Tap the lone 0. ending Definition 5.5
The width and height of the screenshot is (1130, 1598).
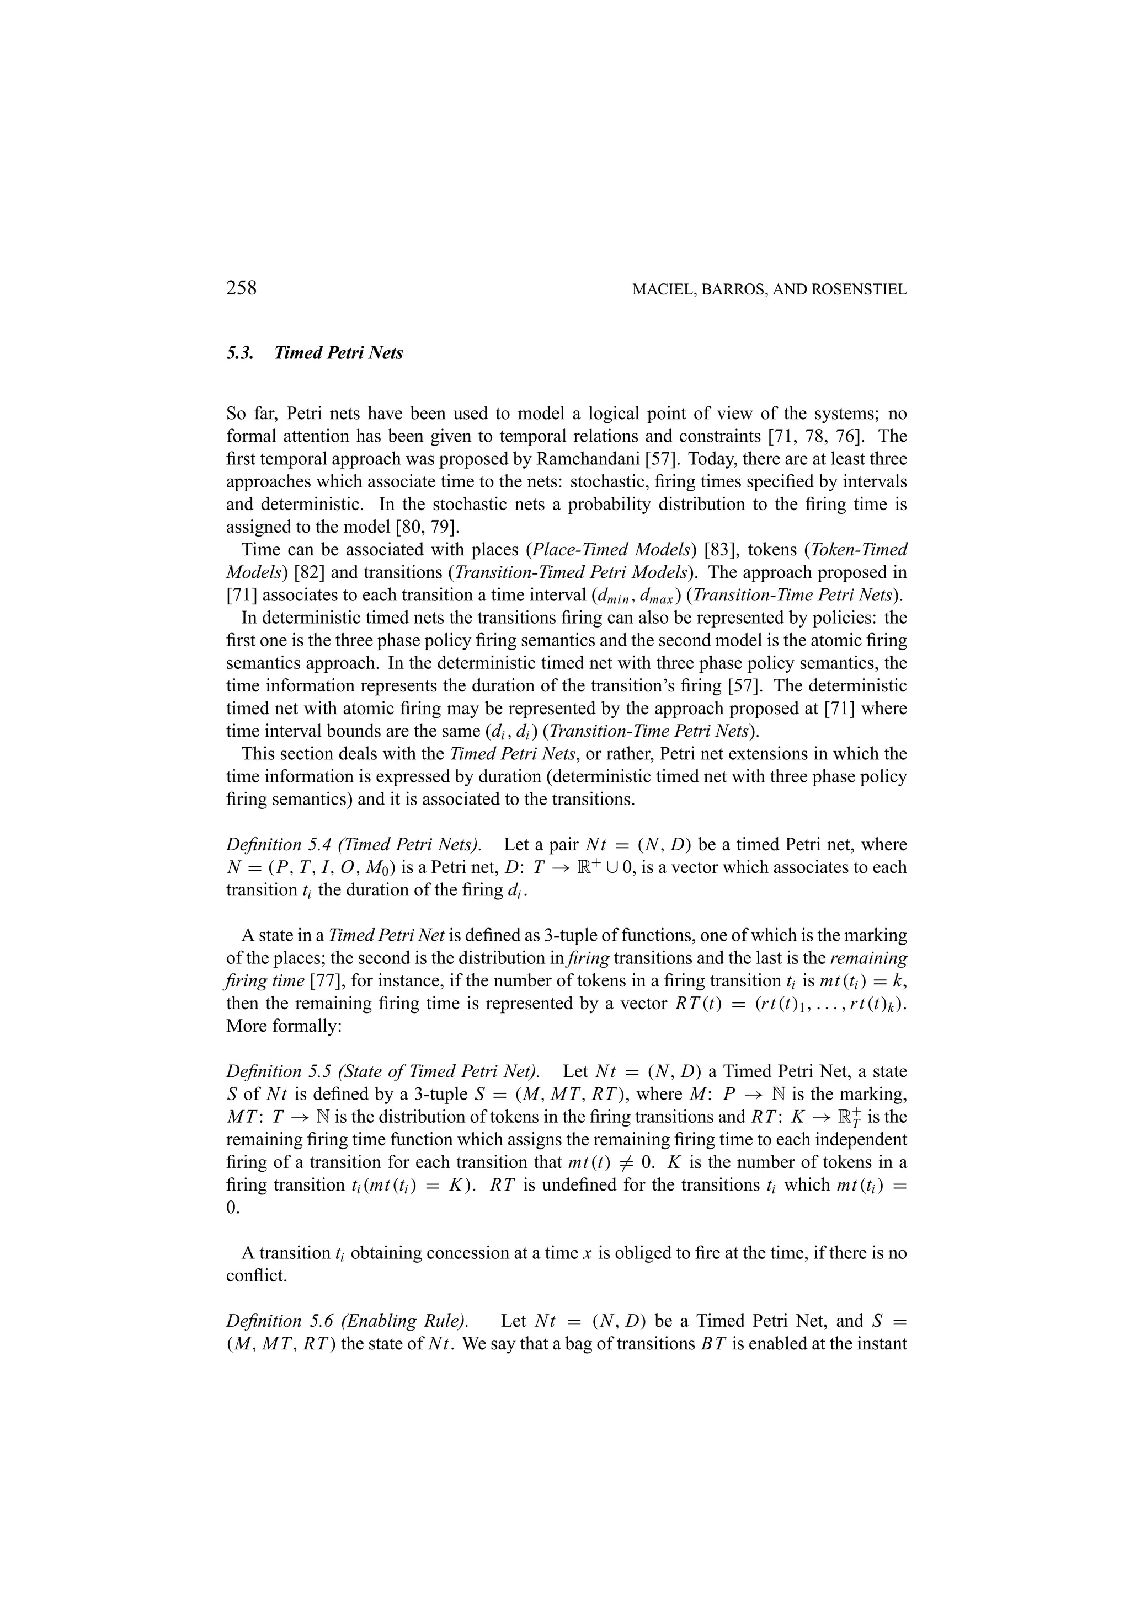pyautogui.click(x=232, y=1208)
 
